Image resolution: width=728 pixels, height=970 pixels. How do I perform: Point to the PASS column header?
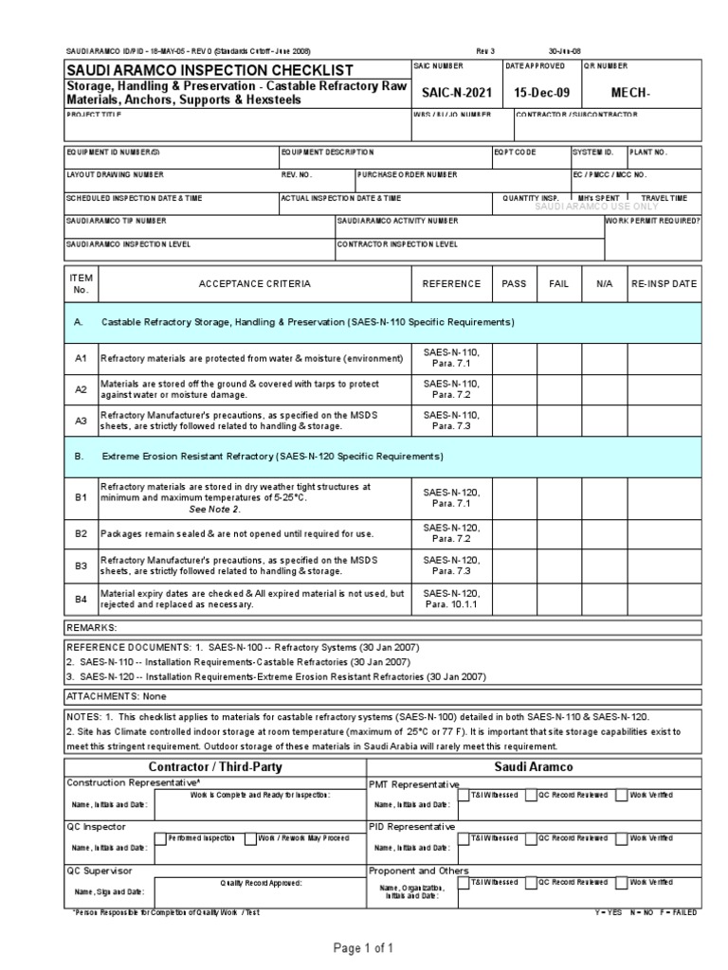514,283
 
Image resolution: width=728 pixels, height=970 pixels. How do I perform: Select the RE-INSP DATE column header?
664,283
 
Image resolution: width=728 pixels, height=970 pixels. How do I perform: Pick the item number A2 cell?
81,389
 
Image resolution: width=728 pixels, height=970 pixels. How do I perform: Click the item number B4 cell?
81,599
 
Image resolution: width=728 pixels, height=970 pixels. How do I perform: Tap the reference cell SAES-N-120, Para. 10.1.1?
451,599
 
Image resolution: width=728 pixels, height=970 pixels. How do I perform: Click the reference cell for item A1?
451,357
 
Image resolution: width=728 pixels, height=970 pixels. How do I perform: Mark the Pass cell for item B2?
514,533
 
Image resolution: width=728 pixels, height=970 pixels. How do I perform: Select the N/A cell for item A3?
605,421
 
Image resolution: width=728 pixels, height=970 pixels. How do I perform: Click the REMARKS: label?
91,627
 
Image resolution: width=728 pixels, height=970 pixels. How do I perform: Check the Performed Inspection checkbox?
159,838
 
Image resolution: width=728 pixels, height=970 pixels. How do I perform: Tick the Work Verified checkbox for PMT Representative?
621,795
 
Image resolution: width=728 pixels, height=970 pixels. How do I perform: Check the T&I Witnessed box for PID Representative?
464,838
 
